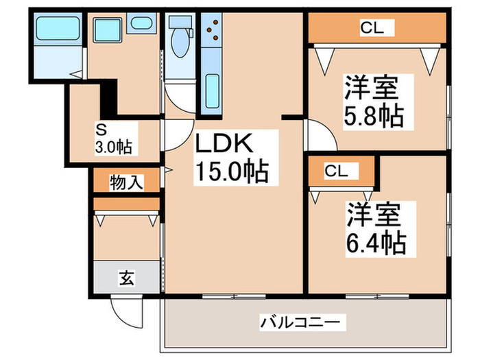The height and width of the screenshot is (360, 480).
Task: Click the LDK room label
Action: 226,144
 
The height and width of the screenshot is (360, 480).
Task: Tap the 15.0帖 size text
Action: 231,171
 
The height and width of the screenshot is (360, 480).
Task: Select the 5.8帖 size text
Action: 373,117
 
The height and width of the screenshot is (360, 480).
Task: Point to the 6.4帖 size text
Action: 374,241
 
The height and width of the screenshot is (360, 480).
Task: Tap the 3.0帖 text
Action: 113,146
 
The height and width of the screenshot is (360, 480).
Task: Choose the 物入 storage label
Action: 126,182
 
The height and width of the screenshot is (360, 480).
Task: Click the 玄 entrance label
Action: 127,278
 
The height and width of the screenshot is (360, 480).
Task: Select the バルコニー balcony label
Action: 302,321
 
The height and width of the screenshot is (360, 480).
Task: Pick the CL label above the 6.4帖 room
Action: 336,171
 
